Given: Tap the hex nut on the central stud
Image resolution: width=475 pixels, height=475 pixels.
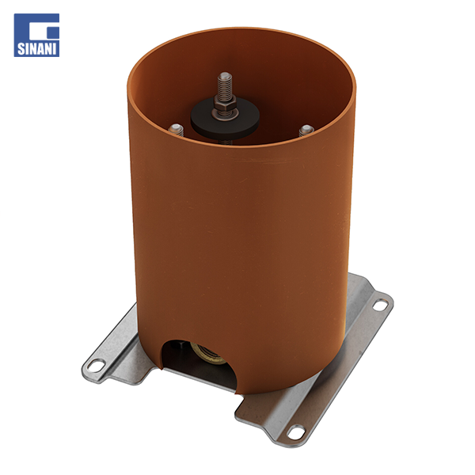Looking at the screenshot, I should tap(223, 102).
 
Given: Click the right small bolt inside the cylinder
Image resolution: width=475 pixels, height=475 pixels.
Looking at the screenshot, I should tap(305, 129).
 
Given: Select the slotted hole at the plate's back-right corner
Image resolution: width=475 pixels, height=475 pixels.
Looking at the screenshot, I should tap(381, 303).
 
